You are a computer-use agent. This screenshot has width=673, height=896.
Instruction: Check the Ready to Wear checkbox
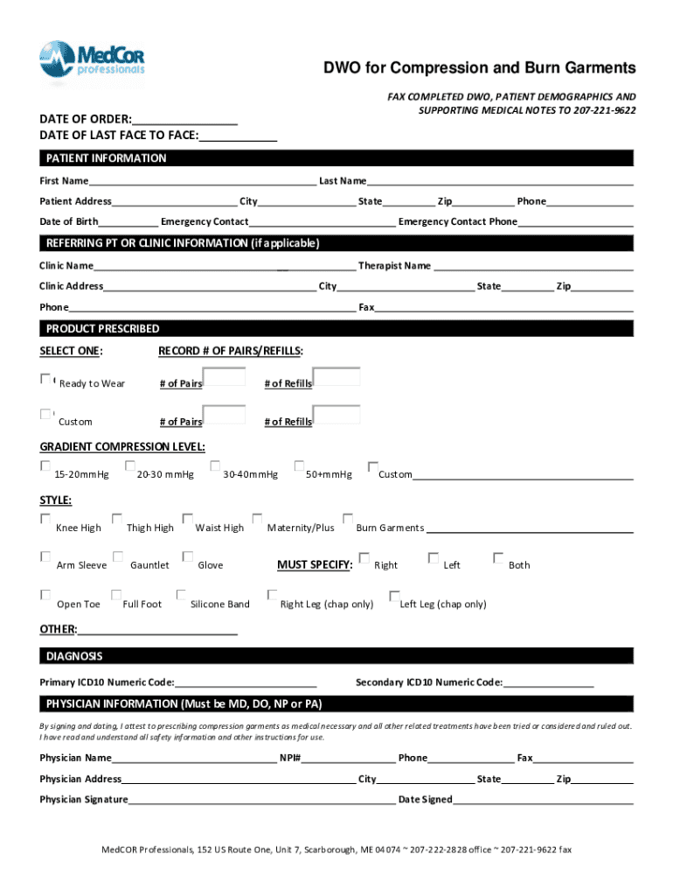(x=45, y=379)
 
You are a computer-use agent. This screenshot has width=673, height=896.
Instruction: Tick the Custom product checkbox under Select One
(x=45, y=414)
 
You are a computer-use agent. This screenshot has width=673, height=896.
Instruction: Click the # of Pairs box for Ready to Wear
(x=224, y=376)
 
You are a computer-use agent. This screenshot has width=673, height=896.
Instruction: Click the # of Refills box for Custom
(x=336, y=415)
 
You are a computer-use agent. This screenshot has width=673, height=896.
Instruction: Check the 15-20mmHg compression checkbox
(x=45, y=466)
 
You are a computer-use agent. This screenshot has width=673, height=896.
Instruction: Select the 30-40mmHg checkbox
(x=215, y=466)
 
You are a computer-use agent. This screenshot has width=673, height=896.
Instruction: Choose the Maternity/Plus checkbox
(x=257, y=520)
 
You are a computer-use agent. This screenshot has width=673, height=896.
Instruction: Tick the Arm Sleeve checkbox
(x=45, y=556)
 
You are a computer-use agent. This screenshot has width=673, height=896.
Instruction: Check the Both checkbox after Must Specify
(x=498, y=557)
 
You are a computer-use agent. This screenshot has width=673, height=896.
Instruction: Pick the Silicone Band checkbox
(x=182, y=595)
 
